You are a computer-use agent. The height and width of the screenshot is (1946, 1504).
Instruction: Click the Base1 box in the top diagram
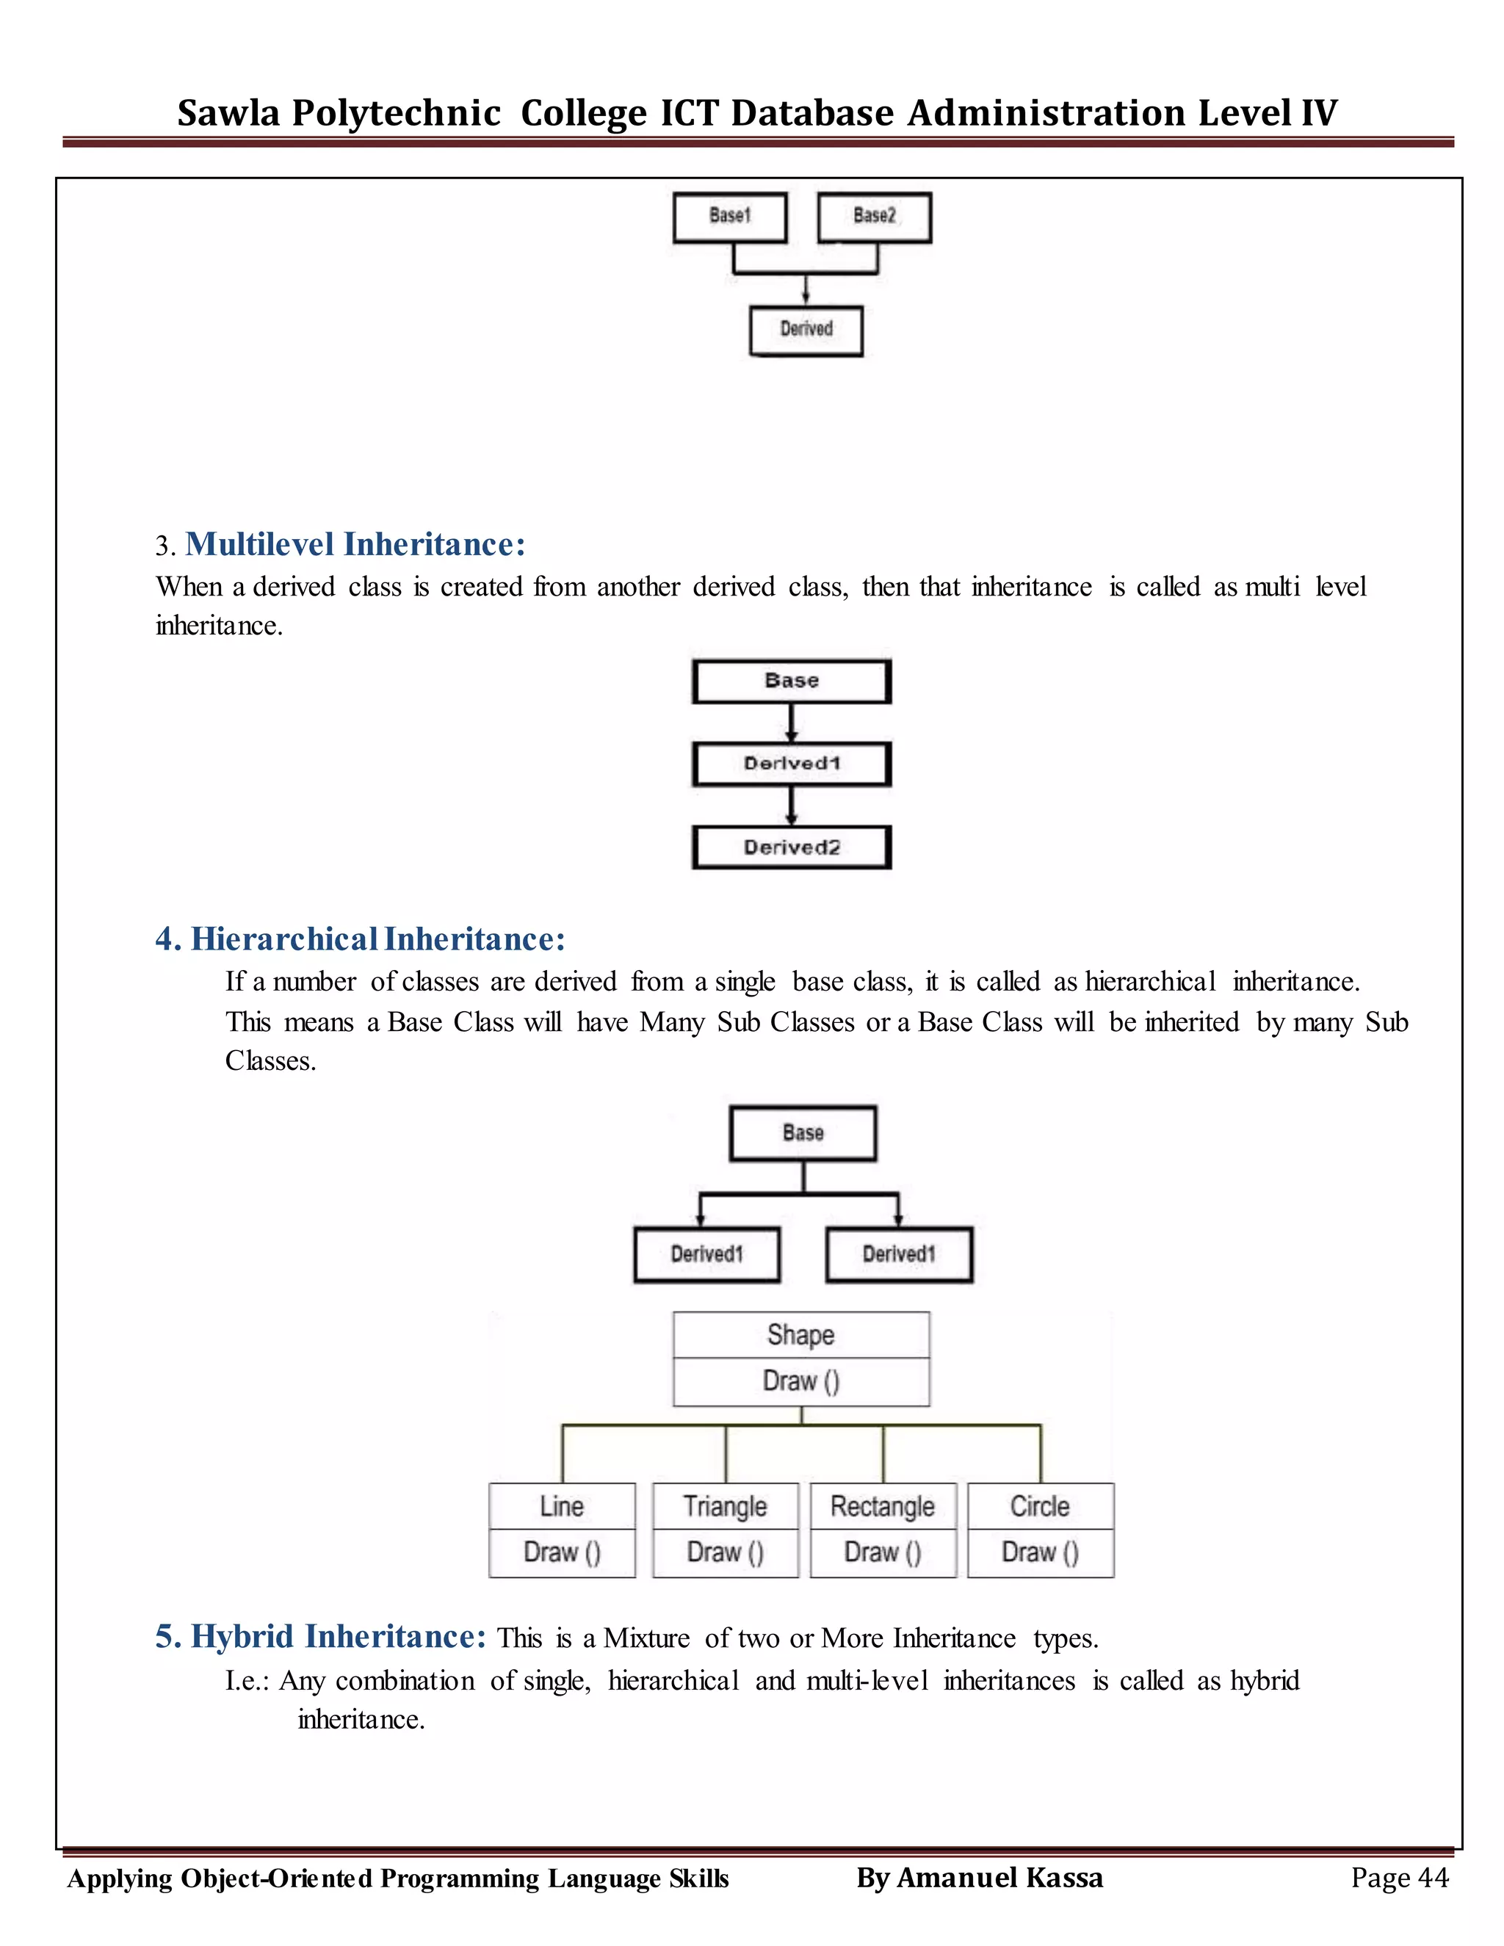click(x=730, y=217)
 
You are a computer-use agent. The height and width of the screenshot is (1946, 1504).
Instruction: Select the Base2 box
click(x=874, y=217)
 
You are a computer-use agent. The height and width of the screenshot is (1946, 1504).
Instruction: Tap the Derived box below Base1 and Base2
click(x=806, y=330)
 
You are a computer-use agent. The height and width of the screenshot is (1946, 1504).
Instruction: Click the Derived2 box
click(x=791, y=847)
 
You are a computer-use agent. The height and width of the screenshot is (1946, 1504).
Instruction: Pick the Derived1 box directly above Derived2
click(x=791, y=764)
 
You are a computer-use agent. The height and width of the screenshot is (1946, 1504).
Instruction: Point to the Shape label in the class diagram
click(x=800, y=1335)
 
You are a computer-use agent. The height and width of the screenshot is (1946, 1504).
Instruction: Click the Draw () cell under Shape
click(x=800, y=1381)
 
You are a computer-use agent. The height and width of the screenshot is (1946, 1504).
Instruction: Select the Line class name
click(x=561, y=1506)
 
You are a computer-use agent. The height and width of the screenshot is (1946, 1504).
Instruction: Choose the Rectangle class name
click(x=882, y=1506)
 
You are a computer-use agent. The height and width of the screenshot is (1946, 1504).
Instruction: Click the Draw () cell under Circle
click(x=1040, y=1552)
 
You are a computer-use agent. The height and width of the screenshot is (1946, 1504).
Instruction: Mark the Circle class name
click(x=1040, y=1506)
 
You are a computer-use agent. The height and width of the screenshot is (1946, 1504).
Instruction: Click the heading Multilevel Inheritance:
click(x=355, y=543)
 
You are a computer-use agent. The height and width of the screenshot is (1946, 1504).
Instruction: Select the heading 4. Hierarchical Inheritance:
click(x=360, y=939)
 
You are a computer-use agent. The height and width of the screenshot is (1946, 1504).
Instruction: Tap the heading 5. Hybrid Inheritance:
click(x=321, y=1637)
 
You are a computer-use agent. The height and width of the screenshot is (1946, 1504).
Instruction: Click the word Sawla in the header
click(x=228, y=113)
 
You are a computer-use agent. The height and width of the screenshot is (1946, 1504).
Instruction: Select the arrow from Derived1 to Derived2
click(x=790, y=806)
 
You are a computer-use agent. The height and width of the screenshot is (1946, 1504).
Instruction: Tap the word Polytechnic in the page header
click(x=397, y=113)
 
